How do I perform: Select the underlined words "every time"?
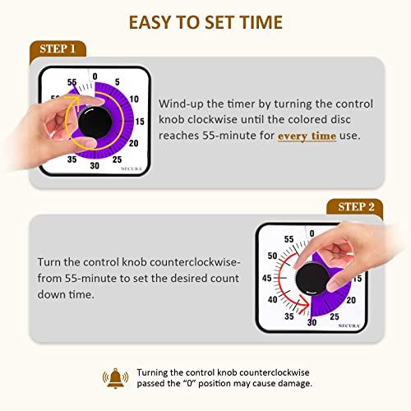tap(307, 135)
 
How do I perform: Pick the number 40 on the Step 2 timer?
tap(271, 299)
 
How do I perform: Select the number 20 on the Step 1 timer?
tap(134, 142)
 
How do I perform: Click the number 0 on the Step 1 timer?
tap(95, 76)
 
